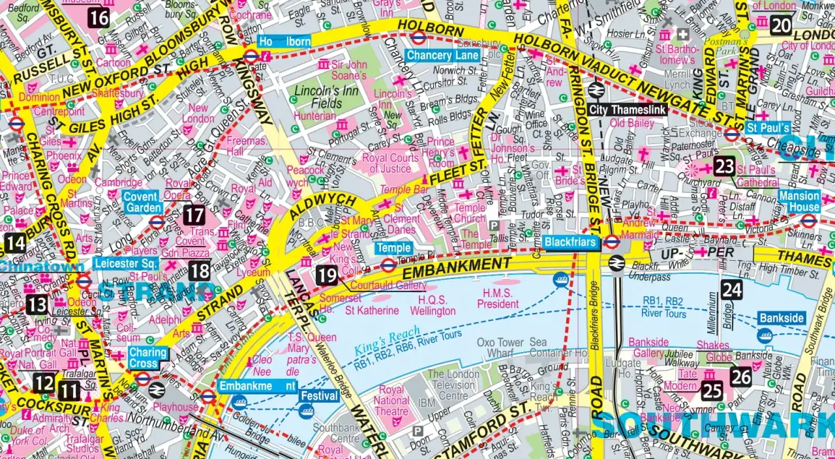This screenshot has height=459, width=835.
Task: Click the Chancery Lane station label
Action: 443,55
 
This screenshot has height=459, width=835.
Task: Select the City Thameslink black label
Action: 628,110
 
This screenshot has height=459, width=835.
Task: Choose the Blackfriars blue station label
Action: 571,242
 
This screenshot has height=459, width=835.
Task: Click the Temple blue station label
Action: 393,248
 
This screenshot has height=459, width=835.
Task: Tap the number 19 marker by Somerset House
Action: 326,275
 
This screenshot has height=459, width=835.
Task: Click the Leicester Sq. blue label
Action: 126,263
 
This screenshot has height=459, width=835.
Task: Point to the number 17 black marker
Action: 194,215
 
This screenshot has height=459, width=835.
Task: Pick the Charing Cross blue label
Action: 147,358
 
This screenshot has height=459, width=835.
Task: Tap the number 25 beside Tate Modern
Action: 712,391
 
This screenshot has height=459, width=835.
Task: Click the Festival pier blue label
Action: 320,396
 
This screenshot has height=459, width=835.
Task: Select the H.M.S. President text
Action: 498,299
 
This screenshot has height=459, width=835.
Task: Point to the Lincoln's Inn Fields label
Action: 318,96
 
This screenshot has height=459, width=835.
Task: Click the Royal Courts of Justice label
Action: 391,163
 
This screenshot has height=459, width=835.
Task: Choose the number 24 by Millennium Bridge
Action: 732,289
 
